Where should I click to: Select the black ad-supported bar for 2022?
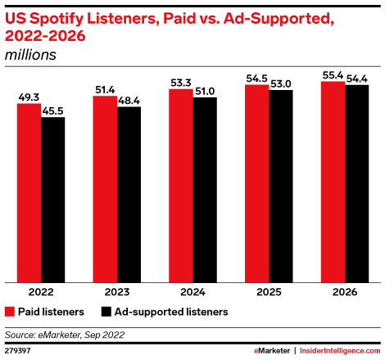tap(52, 200)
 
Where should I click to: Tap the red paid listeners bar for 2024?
tap(181, 186)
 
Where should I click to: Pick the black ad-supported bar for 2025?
tap(281, 187)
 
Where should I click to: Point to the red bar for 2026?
tap(333, 182)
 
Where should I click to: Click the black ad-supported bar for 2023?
tap(129, 195)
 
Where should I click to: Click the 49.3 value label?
tap(29, 97)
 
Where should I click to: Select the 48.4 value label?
tap(129, 100)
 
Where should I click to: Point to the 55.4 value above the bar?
tap(333, 74)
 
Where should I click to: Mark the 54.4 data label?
tap(357, 78)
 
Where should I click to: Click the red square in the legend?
tap(10, 312)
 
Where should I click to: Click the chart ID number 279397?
tap(19, 349)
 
